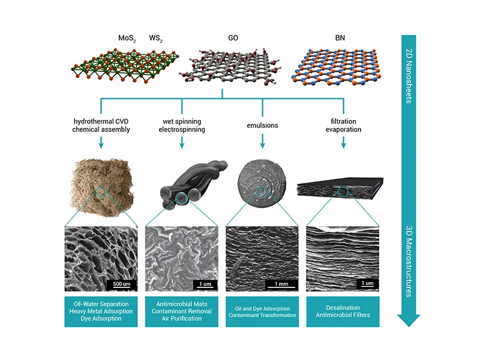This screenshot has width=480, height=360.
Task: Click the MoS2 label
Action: pyautogui.click(x=127, y=38)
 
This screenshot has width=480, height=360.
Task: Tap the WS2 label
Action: pyautogui.click(x=156, y=38)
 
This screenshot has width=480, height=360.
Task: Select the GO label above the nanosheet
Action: pyautogui.click(x=233, y=38)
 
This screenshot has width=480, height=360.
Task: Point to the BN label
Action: pyautogui.click(x=340, y=38)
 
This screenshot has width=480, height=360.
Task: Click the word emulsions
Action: pyautogui.click(x=262, y=125)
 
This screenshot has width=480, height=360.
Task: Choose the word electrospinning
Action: pyautogui.click(x=182, y=130)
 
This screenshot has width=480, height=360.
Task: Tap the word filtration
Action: pyautogui.click(x=343, y=121)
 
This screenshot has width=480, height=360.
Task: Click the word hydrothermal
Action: pyautogui.click(x=92, y=121)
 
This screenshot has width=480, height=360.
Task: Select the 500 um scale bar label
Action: pyautogui.click(x=122, y=284)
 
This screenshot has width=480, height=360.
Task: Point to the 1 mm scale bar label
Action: pyautogui.click(x=281, y=284)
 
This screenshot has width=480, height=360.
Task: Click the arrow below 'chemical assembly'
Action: pyautogui.click(x=101, y=142)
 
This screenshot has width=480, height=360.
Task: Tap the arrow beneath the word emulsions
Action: pyautogui.click(x=262, y=142)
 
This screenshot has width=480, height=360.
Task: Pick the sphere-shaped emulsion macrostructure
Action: pyautogui.click(x=262, y=183)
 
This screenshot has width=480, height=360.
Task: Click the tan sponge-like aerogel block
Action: pyautogui.click(x=101, y=187)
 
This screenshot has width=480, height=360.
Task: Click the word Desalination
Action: pyautogui.click(x=343, y=308)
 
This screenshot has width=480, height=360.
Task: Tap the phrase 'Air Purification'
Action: pyautogui.click(x=182, y=319)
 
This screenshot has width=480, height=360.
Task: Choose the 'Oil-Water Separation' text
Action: pyautogui.click(x=101, y=304)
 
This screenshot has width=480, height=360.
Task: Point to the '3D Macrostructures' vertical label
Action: pyautogui.click(x=409, y=262)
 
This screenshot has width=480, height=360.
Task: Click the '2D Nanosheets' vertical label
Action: pyautogui.click(x=409, y=76)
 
